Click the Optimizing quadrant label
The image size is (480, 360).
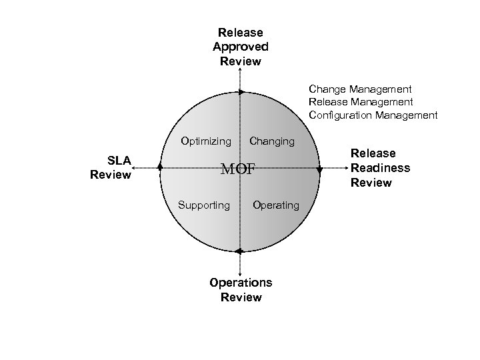coord(206,141)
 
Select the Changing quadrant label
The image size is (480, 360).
coord(271,141)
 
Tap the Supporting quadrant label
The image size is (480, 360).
coord(203,205)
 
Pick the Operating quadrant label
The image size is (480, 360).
coord(276,205)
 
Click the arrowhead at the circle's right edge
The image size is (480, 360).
coord(319,171)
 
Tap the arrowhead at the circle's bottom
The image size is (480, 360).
coord(239,251)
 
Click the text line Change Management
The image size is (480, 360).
coord(359,89)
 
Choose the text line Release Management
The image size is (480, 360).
coord(360,102)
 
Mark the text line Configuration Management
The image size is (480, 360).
coord(373,115)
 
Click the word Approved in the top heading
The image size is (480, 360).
coord(241,47)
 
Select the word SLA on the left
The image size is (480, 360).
coord(119,160)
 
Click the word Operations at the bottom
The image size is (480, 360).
coord(241,283)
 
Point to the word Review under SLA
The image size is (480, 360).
coord(110,175)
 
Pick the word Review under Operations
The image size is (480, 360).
coord(241,297)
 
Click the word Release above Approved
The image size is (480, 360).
coord(241,32)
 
